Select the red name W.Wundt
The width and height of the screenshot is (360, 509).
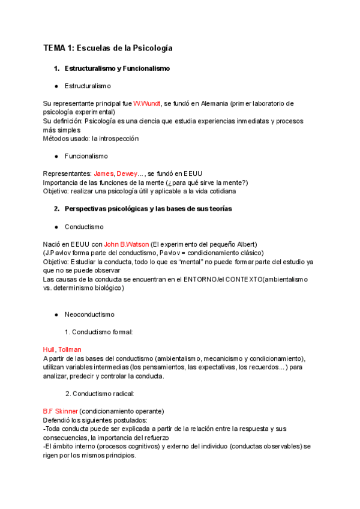tap(147, 103)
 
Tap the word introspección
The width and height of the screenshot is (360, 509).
tap(119, 138)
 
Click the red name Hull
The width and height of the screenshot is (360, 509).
tap(49, 349)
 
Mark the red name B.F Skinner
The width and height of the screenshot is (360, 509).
tap(60, 411)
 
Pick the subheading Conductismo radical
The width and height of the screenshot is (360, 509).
tap(103, 394)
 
